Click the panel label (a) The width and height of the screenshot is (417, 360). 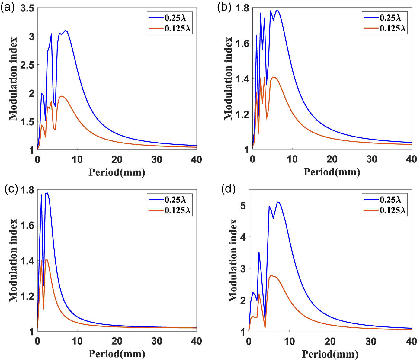[x=7, y=7]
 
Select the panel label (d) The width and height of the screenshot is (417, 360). [x=228, y=189]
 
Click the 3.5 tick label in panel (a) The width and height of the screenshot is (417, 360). [x=27, y=8]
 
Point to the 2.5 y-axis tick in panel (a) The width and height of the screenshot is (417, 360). [x=27, y=65]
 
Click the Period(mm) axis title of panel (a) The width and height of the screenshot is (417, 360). [x=117, y=172]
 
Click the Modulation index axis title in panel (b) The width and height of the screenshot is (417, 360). [x=229, y=79]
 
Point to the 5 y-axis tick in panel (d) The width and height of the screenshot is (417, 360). [x=243, y=206]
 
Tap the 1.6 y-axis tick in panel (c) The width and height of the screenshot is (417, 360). [x=27, y=225]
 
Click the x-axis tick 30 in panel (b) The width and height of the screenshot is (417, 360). [x=372, y=159]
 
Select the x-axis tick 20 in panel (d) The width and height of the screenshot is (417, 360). [x=330, y=342]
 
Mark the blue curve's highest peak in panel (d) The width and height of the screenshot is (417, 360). [x=277, y=202]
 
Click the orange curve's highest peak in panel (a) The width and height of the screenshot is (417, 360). [x=62, y=96]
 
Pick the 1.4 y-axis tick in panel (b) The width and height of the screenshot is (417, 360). [x=242, y=79]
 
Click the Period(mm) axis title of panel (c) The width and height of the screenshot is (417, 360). [x=117, y=354]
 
